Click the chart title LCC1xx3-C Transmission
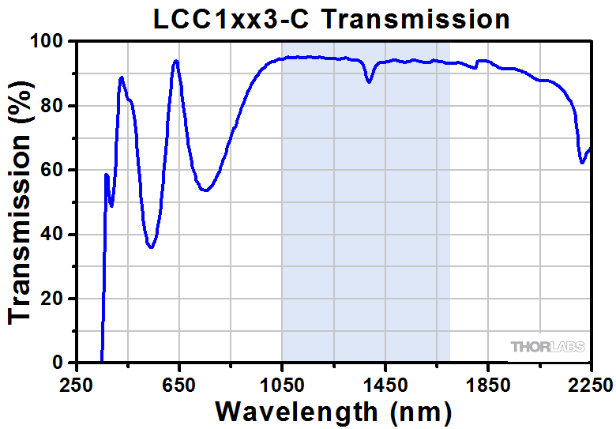tap(332, 17)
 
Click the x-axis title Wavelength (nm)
tap(333, 411)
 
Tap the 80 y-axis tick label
tap(57, 106)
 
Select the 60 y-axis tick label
tap(57, 170)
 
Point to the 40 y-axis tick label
tap(57, 235)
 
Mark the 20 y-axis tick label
tap(57, 299)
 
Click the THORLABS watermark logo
tap(547, 347)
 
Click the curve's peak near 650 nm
tap(176, 61)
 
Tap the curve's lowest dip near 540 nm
tap(151, 247)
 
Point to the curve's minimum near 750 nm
tap(205, 190)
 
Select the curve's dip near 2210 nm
tap(582, 163)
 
